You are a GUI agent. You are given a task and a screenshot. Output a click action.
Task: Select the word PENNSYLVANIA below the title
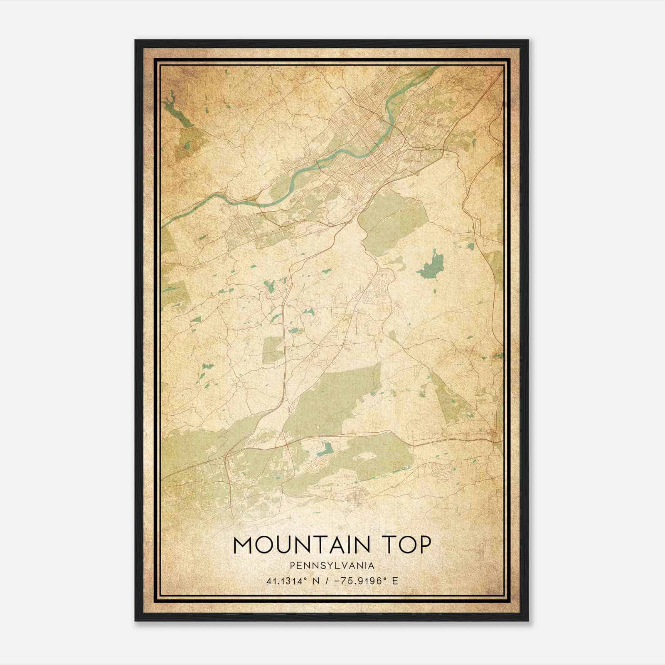pos(332,565)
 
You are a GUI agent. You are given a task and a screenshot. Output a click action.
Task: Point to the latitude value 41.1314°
pos(287,581)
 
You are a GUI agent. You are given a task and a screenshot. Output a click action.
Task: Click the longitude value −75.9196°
pos(357,581)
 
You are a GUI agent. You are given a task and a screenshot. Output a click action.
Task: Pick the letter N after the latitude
pos(315,581)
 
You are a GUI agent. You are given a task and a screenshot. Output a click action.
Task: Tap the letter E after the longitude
pos(395,581)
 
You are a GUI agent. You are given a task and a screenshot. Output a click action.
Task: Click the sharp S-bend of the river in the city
pos(391,112)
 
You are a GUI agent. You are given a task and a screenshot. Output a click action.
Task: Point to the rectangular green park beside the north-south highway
pos(273,349)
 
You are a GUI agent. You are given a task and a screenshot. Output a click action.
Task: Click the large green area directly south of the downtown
pos(393,224)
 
